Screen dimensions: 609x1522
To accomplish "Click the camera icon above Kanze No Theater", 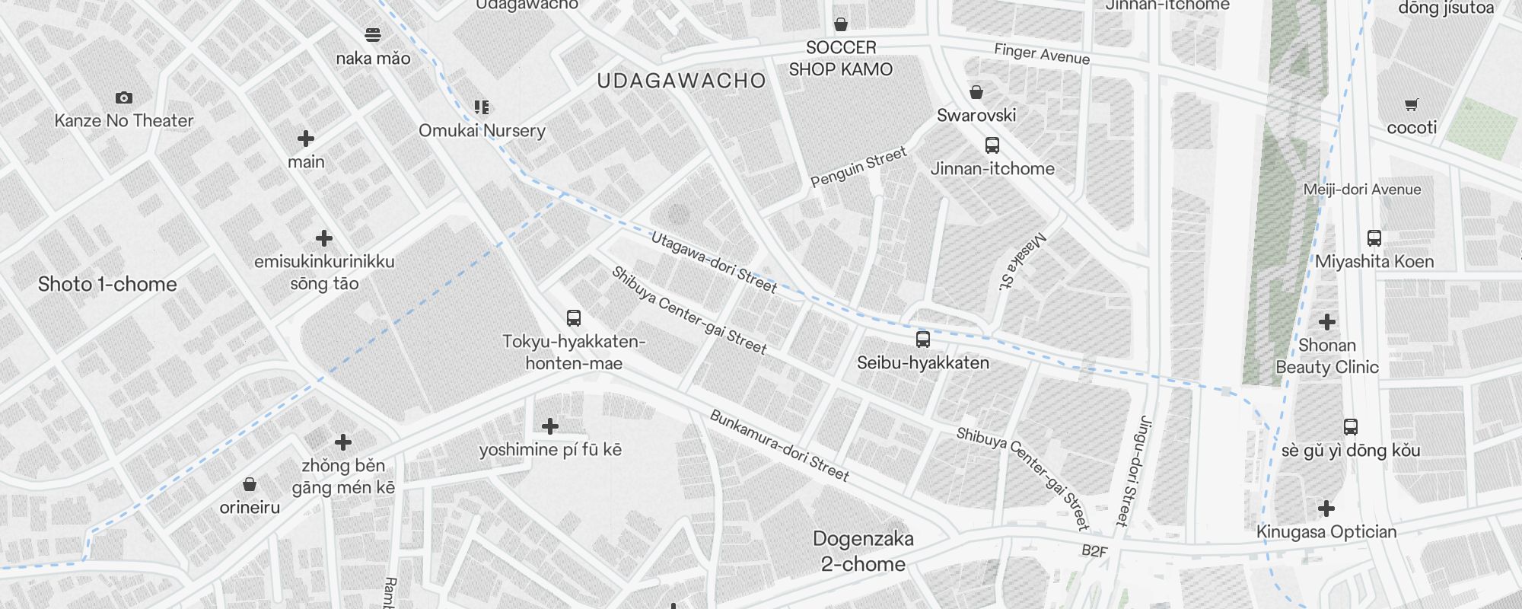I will pyautogui.click(x=124, y=97).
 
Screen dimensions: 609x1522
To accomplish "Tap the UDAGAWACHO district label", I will pyautogui.click(x=681, y=81).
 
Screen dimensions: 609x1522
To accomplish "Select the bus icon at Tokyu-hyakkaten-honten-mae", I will pyautogui.click(x=574, y=317).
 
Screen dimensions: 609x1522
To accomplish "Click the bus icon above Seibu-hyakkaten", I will pyautogui.click(x=923, y=339).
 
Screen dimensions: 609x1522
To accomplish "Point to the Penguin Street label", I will pyautogui.click(x=858, y=167).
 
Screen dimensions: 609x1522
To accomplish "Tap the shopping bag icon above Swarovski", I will pyautogui.click(x=976, y=92).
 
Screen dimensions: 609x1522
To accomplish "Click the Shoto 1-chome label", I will pyautogui.click(x=107, y=284).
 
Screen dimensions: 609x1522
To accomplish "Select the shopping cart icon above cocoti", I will pyautogui.click(x=1412, y=104).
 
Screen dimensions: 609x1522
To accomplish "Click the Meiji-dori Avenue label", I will pyautogui.click(x=1361, y=190).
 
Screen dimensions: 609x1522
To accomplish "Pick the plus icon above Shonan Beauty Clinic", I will pyautogui.click(x=1327, y=321).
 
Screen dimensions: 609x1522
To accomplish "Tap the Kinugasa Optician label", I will pyautogui.click(x=1326, y=532).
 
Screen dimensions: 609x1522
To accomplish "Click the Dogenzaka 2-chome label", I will pyautogui.click(x=863, y=551).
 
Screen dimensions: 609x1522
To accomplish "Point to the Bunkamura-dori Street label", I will pyautogui.click(x=779, y=445).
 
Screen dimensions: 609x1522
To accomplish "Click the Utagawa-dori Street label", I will pyautogui.click(x=714, y=263).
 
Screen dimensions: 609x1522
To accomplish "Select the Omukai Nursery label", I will pyautogui.click(x=482, y=130).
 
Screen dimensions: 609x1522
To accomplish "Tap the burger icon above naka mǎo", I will pyautogui.click(x=373, y=34).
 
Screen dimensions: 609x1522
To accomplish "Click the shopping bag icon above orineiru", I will pyautogui.click(x=250, y=484).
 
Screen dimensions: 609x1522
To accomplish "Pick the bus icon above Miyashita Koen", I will pyautogui.click(x=1374, y=238).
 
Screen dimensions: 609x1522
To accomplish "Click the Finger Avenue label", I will pyautogui.click(x=1042, y=54).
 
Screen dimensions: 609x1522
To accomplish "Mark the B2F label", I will pyautogui.click(x=1094, y=551).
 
